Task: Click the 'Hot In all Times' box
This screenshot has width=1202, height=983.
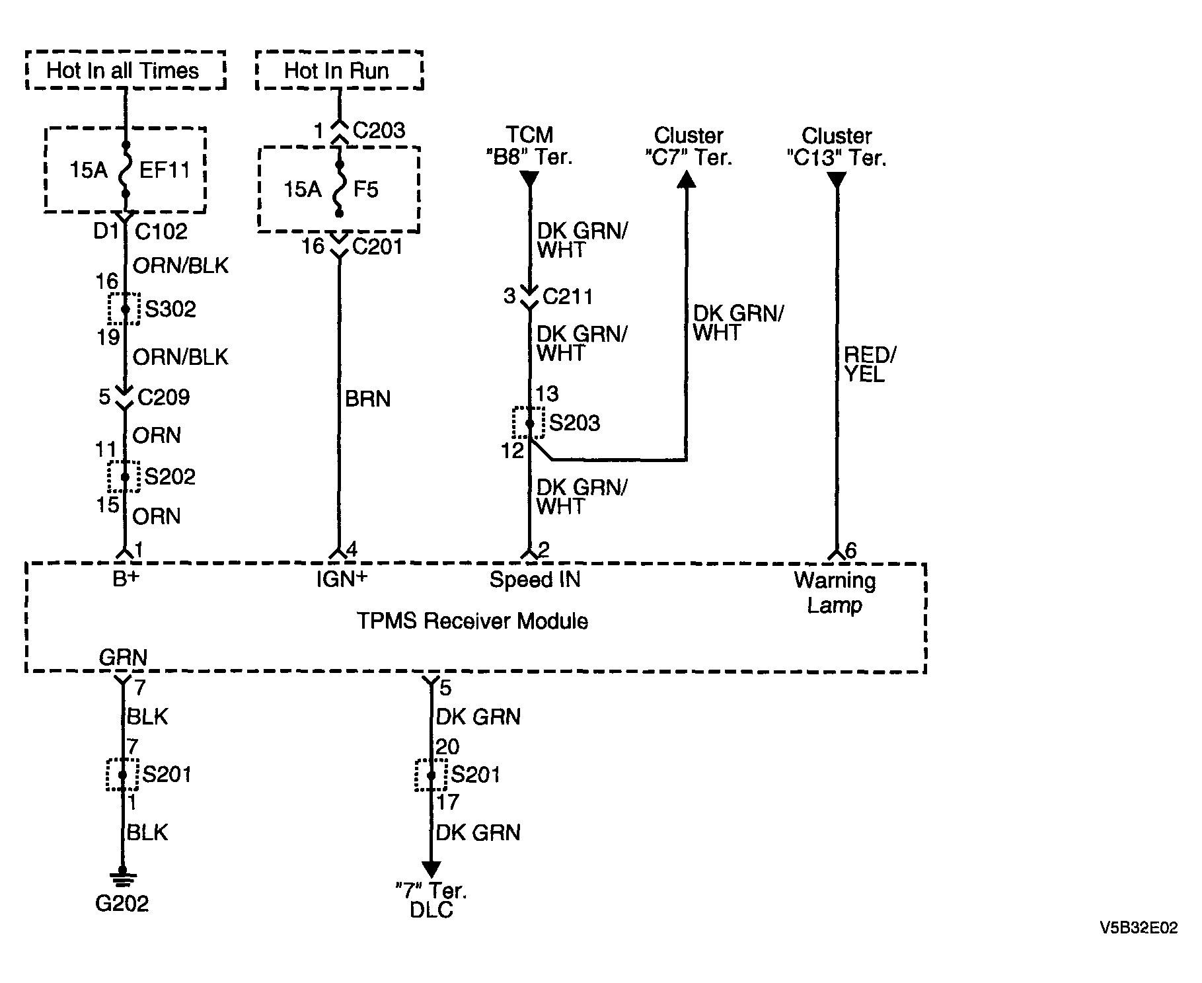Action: (126, 70)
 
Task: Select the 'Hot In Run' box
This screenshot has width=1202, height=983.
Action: (339, 70)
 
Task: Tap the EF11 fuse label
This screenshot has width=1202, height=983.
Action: (165, 171)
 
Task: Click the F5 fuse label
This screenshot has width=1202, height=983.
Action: (365, 190)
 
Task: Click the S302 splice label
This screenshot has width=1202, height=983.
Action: (170, 309)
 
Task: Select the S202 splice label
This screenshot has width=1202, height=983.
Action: (170, 477)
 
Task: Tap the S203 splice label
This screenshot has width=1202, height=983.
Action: (574, 423)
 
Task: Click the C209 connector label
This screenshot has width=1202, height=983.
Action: (163, 397)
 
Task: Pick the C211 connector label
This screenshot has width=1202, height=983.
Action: (568, 296)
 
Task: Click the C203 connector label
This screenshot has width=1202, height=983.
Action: (379, 130)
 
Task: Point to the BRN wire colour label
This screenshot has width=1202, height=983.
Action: (368, 399)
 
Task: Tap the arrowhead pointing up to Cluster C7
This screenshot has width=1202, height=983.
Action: (687, 179)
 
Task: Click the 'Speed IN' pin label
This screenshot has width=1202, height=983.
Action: (535, 580)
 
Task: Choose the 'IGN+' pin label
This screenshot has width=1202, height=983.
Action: (342, 579)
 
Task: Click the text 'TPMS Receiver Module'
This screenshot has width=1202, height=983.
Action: (472, 621)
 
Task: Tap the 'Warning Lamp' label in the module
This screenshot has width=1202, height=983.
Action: (835, 593)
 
